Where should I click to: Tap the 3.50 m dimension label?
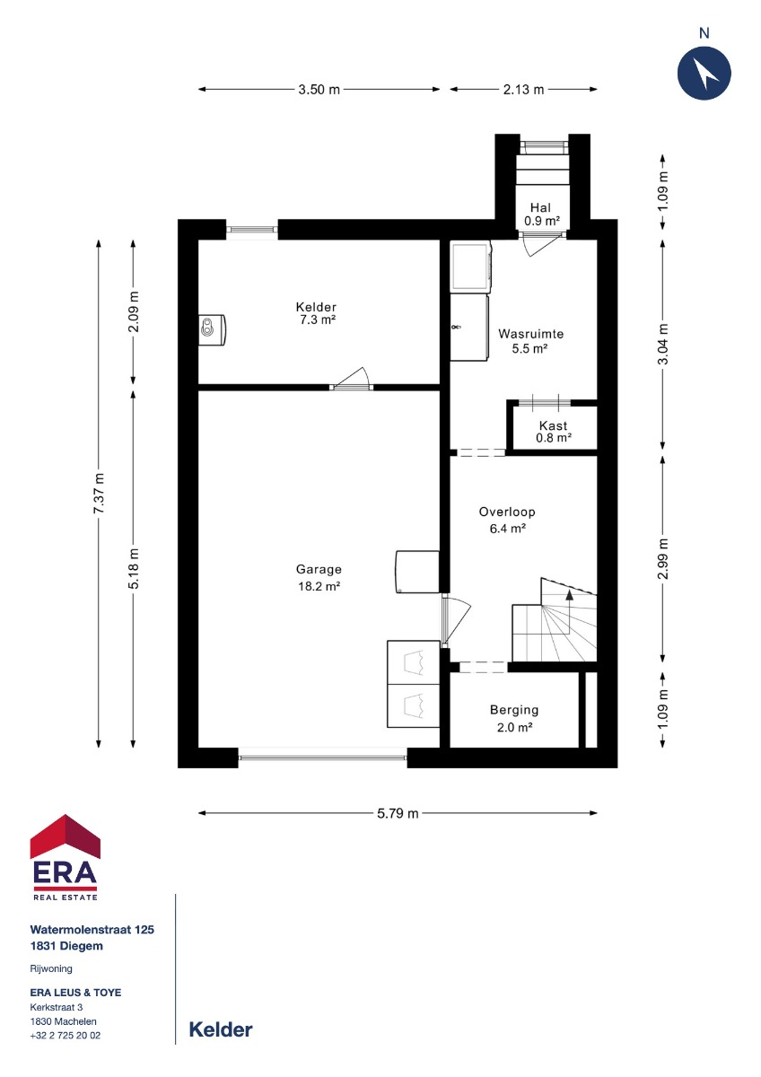pos(319,90)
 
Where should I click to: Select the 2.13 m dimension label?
pos(523,90)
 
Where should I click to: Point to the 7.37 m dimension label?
pos(99,494)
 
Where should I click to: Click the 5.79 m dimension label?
pos(398,813)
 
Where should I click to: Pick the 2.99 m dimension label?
pos(663,558)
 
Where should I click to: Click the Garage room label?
pos(319,569)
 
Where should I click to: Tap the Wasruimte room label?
pos(530,334)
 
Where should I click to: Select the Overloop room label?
pos(507,512)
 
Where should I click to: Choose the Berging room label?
pos(514,710)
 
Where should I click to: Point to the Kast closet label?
pos(554,425)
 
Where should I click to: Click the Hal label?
pos(540,207)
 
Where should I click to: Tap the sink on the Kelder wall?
pos(212,330)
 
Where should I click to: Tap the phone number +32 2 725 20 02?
pos(66,1036)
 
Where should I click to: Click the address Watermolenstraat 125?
pos(92,930)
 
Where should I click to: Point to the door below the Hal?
pos(542,244)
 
